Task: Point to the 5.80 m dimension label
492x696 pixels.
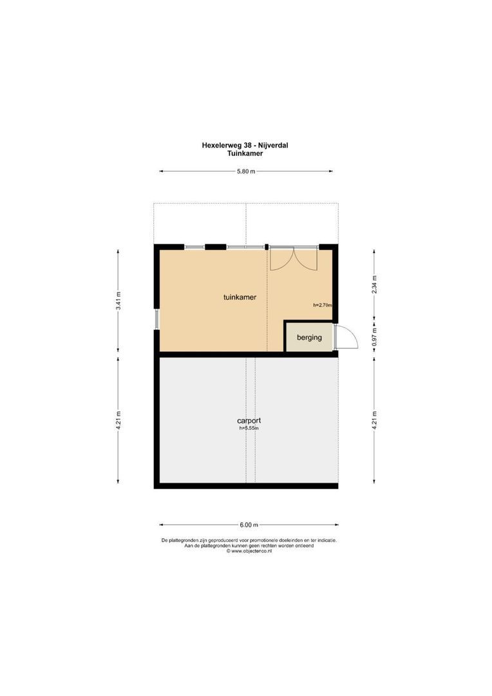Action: [245, 171]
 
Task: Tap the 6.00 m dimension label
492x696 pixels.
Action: [249, 525]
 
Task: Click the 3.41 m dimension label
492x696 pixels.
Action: [118, 300]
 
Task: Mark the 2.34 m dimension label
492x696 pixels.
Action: [374, 284]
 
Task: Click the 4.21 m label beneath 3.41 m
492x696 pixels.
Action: [118, 420]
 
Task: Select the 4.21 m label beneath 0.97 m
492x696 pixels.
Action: [374, 420]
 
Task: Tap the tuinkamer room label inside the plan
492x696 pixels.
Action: [240, 298]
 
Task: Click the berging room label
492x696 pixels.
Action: [309, 337]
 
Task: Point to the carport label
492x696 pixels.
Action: [249, 421]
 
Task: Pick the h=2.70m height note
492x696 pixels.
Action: [322, 305]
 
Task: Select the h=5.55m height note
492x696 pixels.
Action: [249, 428]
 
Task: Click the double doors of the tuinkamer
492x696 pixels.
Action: [294, 258]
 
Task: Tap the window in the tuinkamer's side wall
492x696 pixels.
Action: [156, 319]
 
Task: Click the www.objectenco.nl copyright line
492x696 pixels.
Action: [249, 551]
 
